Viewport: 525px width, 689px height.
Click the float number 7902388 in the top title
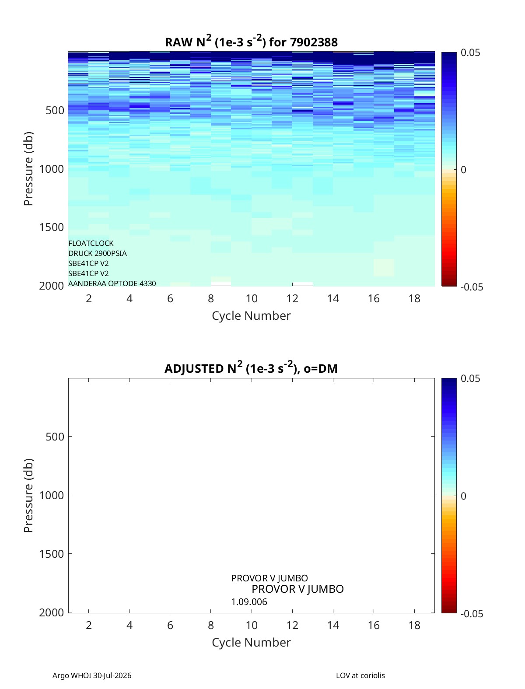coord(314,42)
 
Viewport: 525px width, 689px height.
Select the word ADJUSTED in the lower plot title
coord(194,368)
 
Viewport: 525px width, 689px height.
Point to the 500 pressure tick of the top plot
coord(55,111)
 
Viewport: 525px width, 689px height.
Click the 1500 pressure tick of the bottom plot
coord(52,554)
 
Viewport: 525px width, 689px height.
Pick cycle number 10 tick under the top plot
coord(252,298)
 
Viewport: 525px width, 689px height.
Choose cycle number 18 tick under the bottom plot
coord(414,625)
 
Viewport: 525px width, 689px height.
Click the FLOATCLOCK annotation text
coord(91,243)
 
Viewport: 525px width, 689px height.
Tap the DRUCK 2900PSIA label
coord(98,253)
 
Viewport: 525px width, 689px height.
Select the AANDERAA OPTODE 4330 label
coord(112,283)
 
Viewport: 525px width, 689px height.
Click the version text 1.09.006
coord(249,602)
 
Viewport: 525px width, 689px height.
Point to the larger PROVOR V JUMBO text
coord(297,589)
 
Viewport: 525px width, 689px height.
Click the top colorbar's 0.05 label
coord(470,53)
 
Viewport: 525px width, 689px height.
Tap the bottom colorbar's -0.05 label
coord(472,614)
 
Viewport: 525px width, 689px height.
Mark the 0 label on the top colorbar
coord(463,170)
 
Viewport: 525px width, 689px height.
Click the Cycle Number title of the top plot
coord(251,316)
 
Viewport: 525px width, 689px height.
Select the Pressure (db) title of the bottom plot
coord(28,495)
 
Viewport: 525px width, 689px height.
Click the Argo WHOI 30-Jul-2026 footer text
coord(92,675)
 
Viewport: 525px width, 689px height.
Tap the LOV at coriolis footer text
coord(360,675)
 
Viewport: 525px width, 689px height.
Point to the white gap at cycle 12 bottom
coord(302,284)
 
